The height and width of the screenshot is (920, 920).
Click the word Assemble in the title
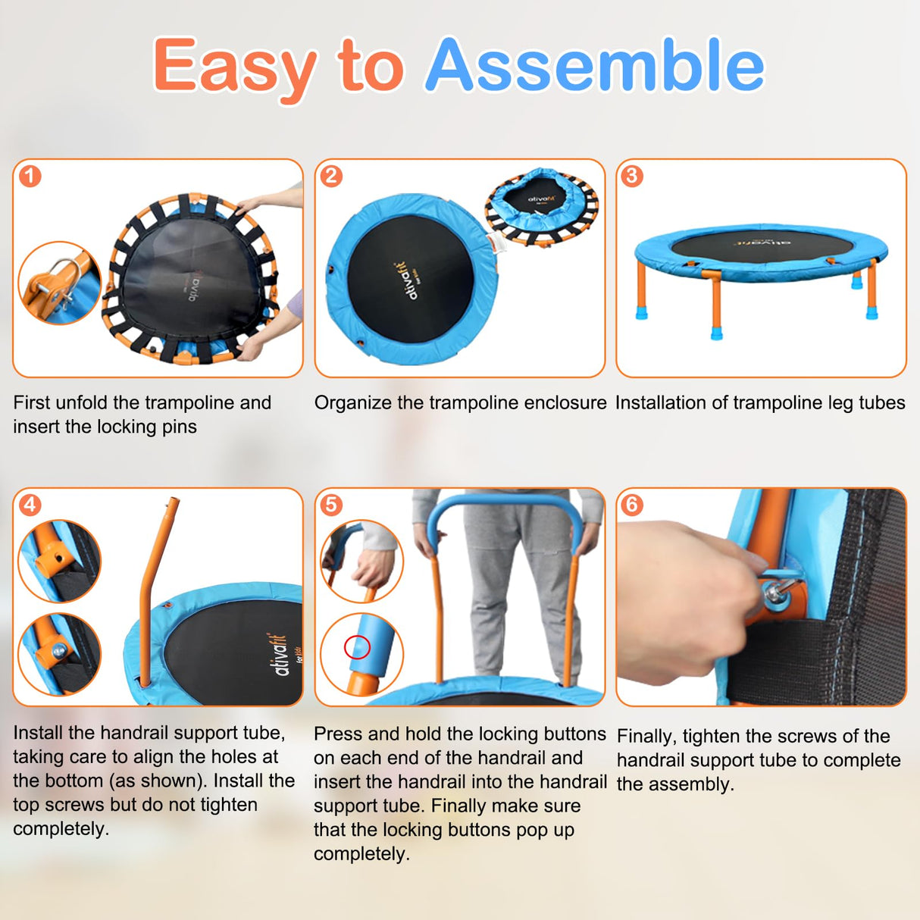click(595, 65)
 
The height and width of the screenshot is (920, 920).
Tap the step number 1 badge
click(30, 177)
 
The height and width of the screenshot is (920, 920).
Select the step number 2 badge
click(331, 177)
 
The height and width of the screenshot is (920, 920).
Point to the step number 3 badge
click(632, 177)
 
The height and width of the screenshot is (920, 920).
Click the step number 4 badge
click(30, 505)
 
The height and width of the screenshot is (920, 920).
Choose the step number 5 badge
click(331, 505)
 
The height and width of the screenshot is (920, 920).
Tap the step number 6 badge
click(632, 505)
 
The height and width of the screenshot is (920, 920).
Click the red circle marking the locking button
click(357, 647)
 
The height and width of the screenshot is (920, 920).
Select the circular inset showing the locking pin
click(59, 283)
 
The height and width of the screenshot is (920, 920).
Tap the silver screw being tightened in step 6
click(776, 591)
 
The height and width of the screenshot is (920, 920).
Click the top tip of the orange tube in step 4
click(174, 502)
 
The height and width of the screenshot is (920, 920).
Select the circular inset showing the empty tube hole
click(59, 561)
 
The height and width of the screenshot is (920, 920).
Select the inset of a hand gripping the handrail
click(361, 561)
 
